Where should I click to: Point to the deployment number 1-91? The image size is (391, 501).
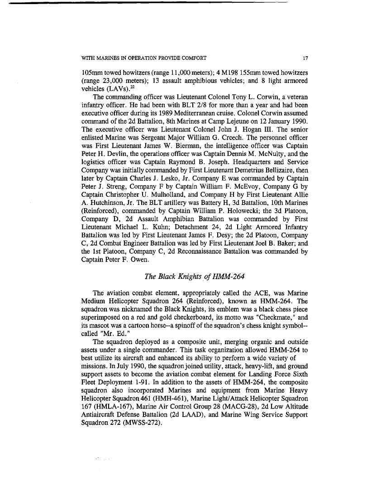coord(147,392)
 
